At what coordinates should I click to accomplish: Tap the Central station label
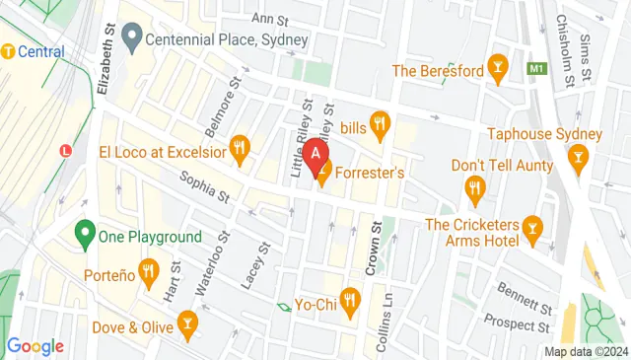tap(39, 50)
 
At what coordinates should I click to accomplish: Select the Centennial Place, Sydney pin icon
tap(130, 40)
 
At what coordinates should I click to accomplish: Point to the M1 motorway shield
tap(537, 69)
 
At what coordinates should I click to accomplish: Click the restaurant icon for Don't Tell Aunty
tap(475, 186)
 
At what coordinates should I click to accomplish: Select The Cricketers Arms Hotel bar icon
tap(533, 230)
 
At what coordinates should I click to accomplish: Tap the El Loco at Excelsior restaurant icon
tap(239, 151)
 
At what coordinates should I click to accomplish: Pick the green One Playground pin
tap(85, 236)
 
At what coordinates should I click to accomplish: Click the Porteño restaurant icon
tap(149, 270)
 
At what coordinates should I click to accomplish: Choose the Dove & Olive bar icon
tap(187, 321)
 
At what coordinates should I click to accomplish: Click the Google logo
tap(35, 346)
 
